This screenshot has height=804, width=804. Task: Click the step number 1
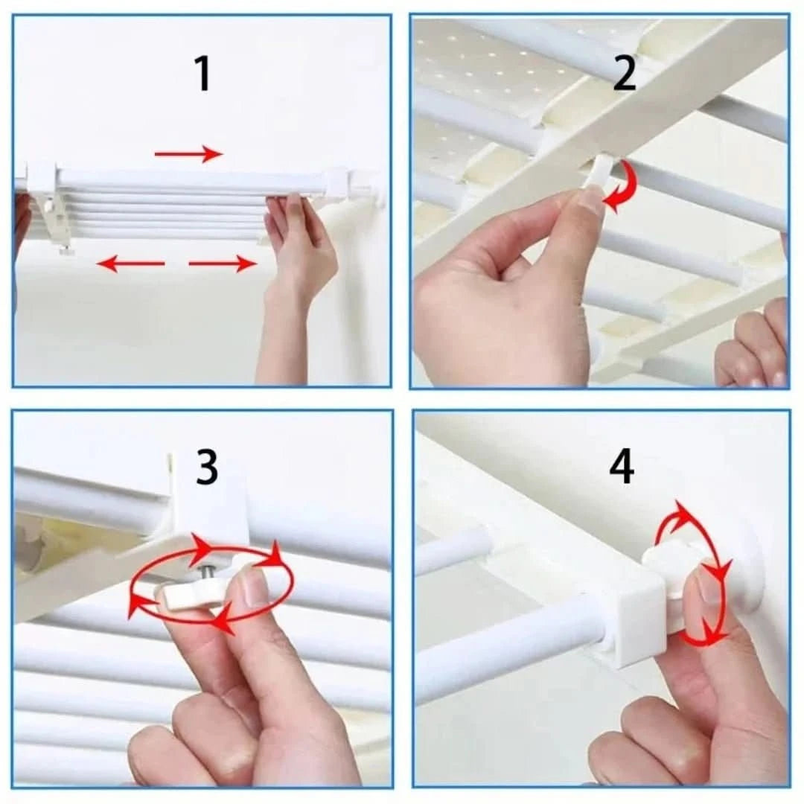click(x=202, y=74)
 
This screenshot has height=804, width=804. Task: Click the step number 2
click(x=624, y=74)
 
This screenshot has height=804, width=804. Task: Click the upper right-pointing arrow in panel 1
click(x=188, y=154)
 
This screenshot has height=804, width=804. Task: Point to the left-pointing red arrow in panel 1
click(x=130, y=263)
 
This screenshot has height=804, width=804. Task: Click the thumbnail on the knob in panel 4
click(x=707, y=588)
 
